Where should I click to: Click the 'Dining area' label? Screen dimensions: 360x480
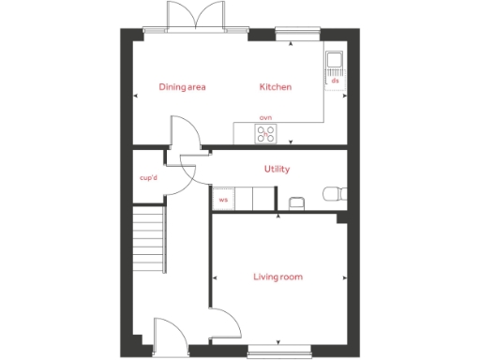(x=182, y=87)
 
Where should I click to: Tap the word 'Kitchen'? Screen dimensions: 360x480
(x=276, y=87)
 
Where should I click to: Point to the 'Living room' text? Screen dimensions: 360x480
(x=277, y=277)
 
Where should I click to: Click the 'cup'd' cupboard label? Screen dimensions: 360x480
(x=148, y=177)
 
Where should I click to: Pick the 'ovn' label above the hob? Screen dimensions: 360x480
(x=265, y=118)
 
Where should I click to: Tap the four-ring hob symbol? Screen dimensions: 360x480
(x=265, y=133)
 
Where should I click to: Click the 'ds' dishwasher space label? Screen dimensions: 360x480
(x=335, y=82)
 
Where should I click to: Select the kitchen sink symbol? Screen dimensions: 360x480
(x=335, y=63)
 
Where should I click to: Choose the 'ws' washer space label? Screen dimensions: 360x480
(x=223, y=200)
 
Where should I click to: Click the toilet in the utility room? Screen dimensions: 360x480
(x=333, y=193)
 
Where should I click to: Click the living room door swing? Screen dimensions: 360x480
(x=225, y=326)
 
